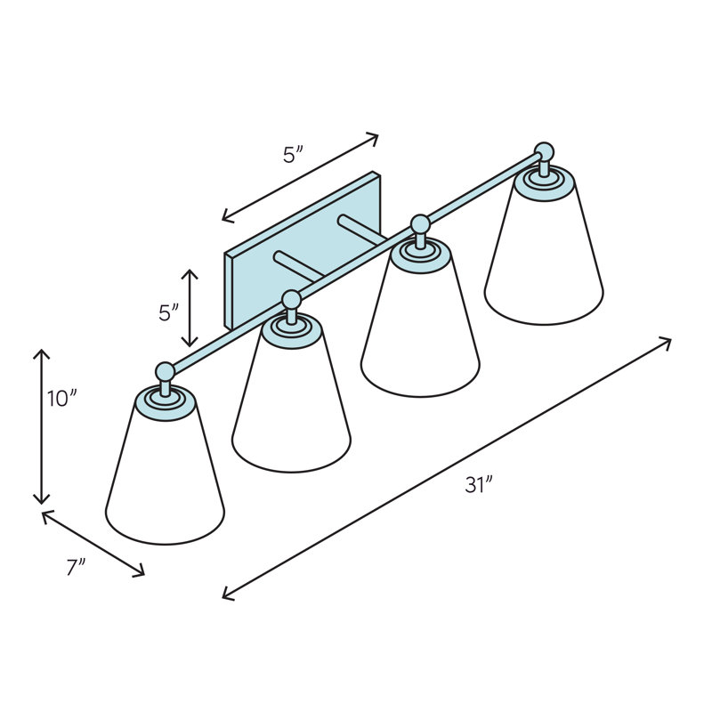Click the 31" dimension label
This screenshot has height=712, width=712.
point(478,486)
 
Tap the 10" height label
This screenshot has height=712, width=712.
point(58,399)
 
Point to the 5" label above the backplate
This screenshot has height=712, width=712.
point(294,154)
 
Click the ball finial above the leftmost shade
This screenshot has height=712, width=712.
point(165,371)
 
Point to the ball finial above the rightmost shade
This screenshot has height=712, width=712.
point(544,151)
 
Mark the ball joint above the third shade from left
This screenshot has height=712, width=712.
point(418,223)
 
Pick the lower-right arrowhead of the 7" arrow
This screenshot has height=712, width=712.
point(140,572)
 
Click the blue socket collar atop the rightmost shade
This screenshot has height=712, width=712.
point(543,178)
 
